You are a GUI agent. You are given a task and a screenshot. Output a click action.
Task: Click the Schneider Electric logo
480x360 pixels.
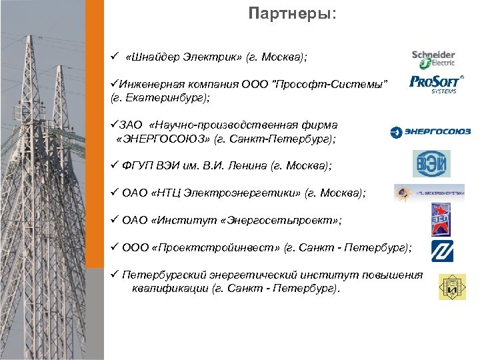[x=433, y=58]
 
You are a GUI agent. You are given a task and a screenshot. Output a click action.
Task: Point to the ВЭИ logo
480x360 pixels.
[x=431, y=163]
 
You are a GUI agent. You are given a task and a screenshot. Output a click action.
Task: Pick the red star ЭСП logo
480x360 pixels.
[x=440, y=219]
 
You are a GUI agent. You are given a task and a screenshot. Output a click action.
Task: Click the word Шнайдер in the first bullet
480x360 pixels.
[x=155, y=58]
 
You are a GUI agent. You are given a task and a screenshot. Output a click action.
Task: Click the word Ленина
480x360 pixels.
[x=244, y=164]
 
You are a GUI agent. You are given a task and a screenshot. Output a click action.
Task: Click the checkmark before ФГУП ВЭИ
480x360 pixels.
[x=114, y=164]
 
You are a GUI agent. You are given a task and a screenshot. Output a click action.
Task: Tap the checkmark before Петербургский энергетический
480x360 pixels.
[x=114, y=275]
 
